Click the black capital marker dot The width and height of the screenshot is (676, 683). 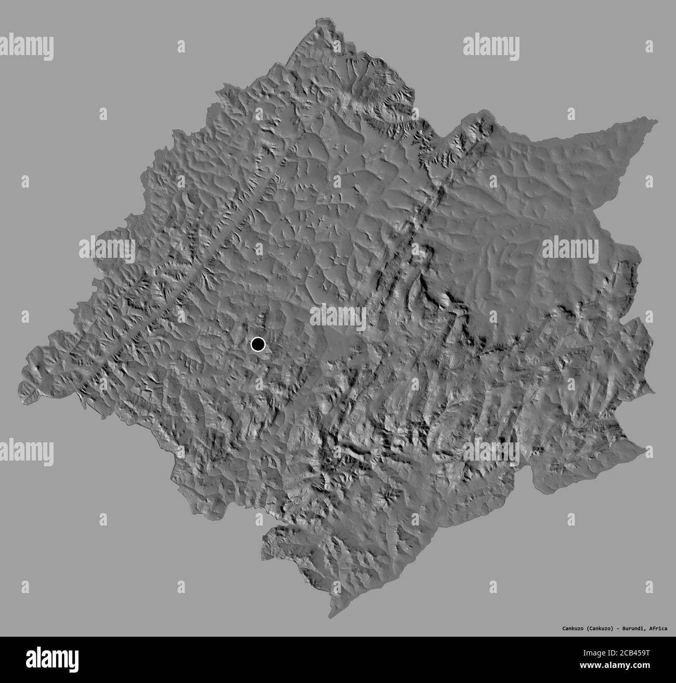coord(258,344)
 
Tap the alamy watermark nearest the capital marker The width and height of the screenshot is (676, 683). coord(338,318)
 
